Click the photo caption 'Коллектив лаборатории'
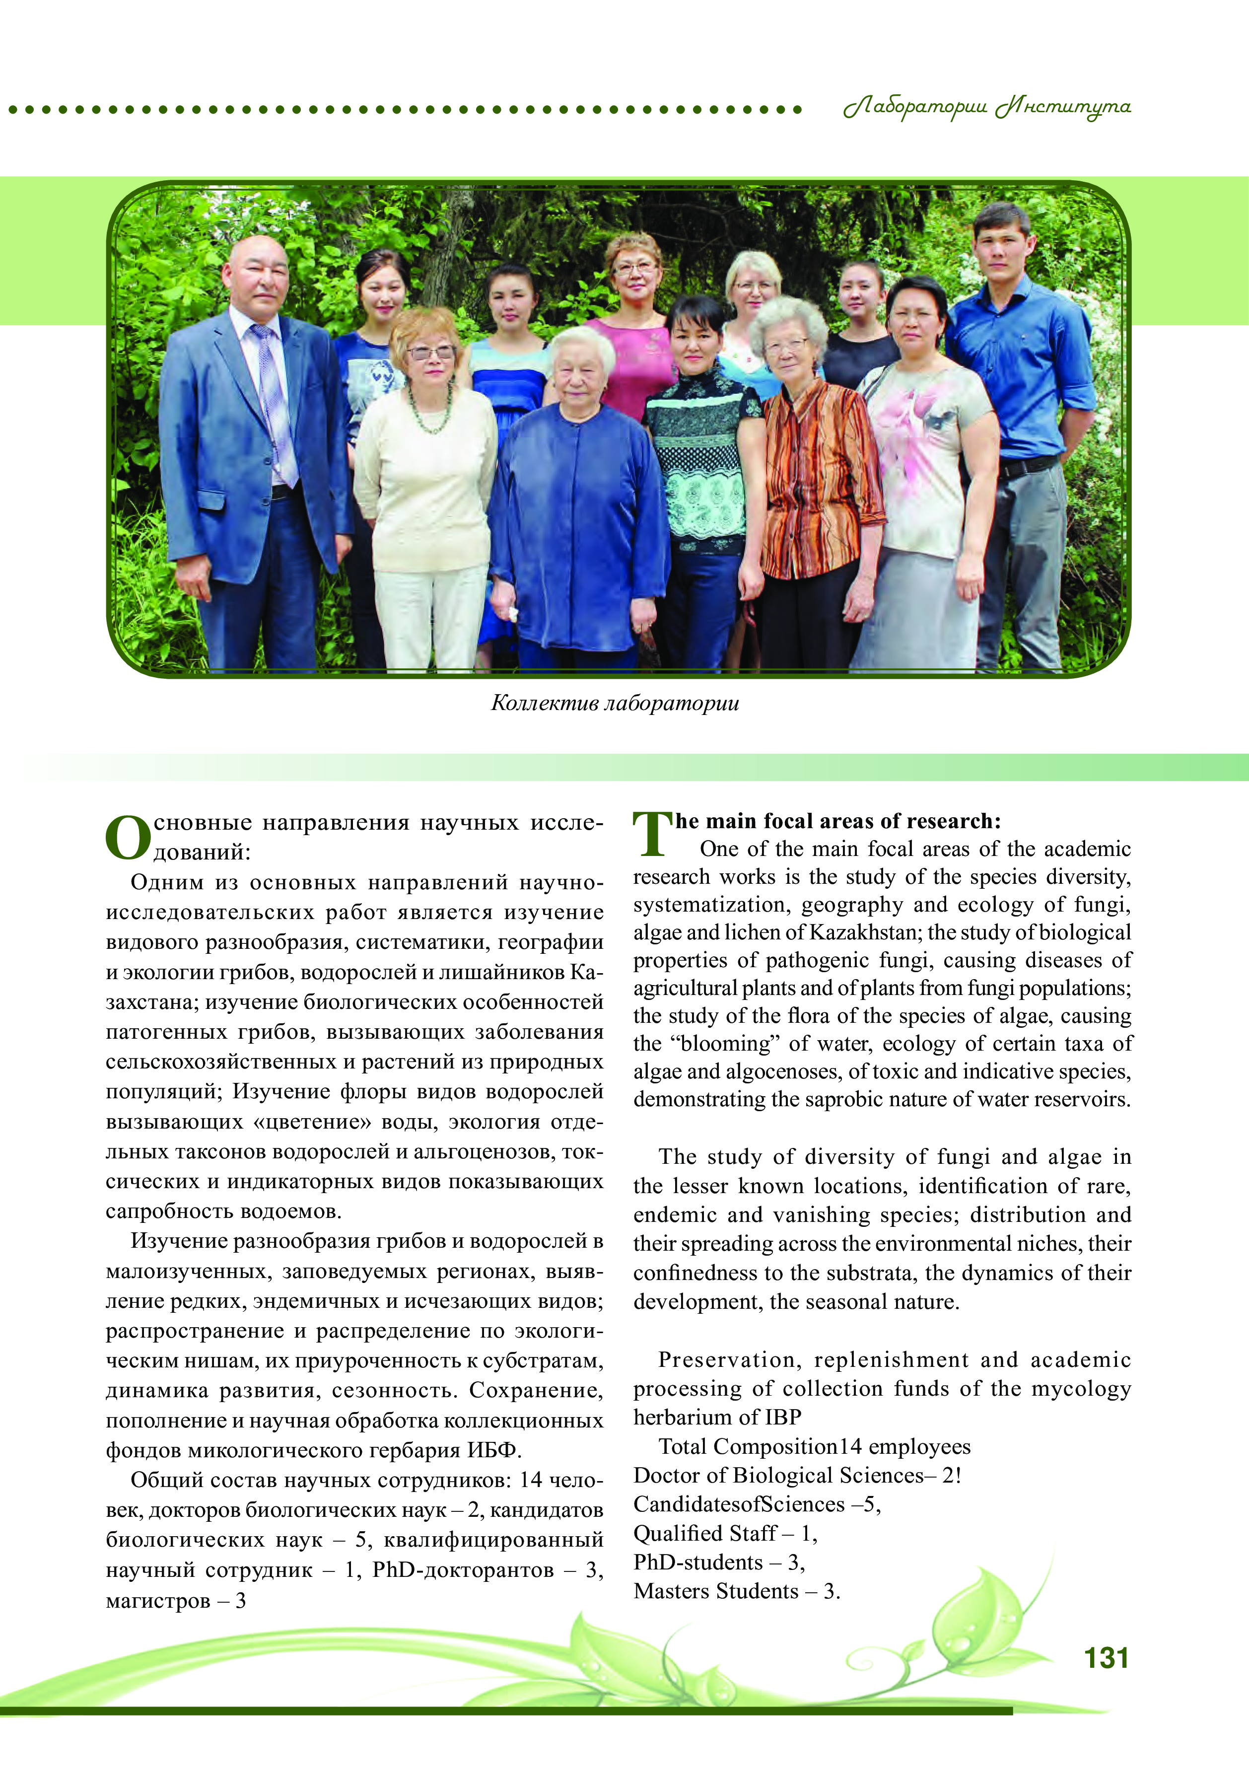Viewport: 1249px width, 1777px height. point(615,703)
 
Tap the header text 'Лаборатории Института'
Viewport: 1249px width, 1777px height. point(987,107)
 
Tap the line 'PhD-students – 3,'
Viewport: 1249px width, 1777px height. point(719,1562)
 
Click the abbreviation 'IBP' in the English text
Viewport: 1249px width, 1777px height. point(783,1417)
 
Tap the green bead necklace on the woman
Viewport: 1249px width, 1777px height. point(429,410)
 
